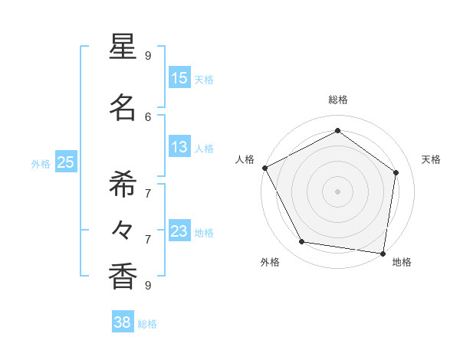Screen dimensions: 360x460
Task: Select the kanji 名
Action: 123,107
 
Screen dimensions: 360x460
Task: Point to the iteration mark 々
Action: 123,230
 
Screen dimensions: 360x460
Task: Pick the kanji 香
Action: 123,276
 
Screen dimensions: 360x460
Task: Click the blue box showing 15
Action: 179,78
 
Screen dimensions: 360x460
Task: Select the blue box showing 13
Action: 179,147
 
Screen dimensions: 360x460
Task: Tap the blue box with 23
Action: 179,231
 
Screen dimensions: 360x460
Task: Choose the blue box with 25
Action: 65,162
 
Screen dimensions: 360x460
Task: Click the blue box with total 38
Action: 123,322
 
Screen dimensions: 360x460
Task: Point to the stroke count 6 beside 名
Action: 148,116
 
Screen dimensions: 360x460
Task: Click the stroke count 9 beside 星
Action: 148,55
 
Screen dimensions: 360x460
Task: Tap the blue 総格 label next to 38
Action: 147,324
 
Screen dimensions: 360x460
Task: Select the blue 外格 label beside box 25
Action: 41,163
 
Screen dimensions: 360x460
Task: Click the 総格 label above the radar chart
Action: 337,100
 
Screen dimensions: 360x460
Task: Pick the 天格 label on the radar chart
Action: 431,159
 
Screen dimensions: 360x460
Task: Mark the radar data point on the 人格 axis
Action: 264,168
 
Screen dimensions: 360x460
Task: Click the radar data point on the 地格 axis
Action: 383,253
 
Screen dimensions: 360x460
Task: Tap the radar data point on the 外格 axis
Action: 302,242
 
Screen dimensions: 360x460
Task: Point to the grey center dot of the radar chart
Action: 337,191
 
